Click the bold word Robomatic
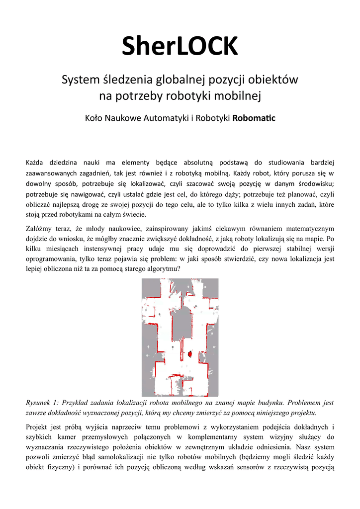(254, 118)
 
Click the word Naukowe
(124, 118)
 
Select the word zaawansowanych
(52, 174)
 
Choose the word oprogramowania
(51, 258)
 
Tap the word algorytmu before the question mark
(160, 268)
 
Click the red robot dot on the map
(190, 353)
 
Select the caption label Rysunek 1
(41, 402)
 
